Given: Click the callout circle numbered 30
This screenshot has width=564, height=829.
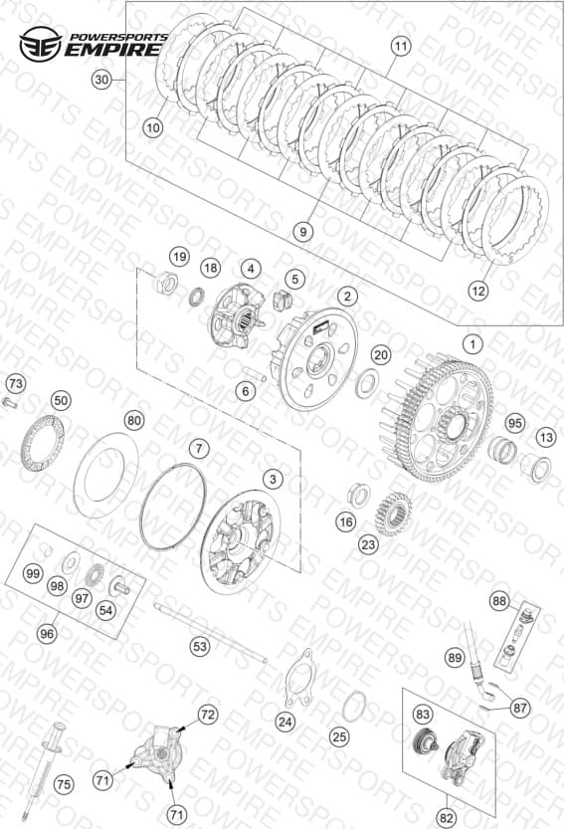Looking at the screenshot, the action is coord(101,80).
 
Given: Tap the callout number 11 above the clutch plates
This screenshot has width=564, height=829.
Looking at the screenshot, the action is coord(401,47).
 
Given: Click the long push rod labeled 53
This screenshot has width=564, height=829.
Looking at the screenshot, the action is coord(210,632).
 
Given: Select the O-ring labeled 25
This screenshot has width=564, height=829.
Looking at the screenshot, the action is coord(354,707).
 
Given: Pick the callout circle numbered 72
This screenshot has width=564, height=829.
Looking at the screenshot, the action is coord(207,715).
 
